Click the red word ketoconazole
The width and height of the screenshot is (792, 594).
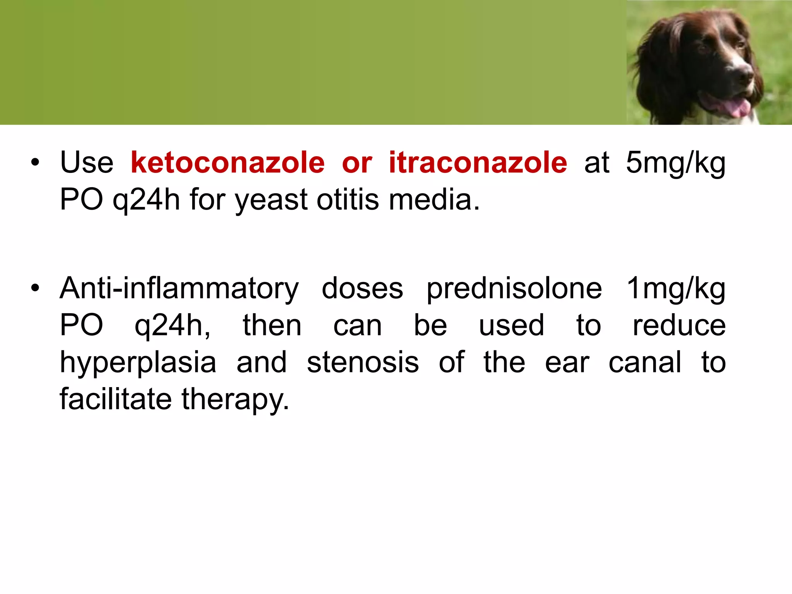(x=227, y=163)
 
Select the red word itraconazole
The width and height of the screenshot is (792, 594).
(x=478, y=163)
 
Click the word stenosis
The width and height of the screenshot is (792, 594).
(x=363, y=363)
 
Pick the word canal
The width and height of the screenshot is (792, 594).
(x=645, y=363)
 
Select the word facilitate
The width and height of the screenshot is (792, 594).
(x=116, y=399)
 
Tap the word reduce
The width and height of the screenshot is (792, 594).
(x=679, y=326)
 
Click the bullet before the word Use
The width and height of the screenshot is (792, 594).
(x=35, y=163)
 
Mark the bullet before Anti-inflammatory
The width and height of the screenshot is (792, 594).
(x=35, y=288)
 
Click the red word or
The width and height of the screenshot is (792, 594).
(x=357, y=163)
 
